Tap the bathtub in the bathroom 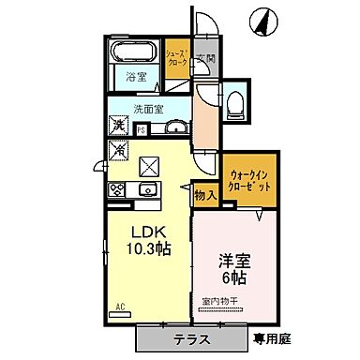click(x=133, y=53)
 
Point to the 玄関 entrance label click(x=204, y=61)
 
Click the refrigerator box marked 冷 click(x=119, y=148)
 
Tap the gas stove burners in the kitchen click(x=119, y=190)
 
